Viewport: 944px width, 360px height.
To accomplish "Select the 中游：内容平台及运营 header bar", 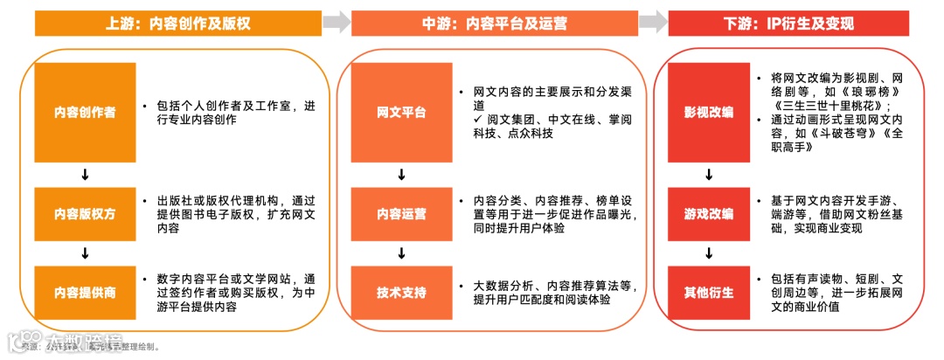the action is [494, 23].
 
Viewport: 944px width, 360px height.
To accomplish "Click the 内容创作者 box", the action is [85, 113].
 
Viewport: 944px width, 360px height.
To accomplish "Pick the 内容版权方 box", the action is [85, 213].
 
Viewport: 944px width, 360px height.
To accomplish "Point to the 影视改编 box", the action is [709, 113].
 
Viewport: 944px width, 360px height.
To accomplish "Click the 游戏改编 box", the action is [709, 213].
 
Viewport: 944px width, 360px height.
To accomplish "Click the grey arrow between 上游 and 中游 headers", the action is [337, 23].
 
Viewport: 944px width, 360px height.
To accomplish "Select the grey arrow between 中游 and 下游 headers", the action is [652, 23].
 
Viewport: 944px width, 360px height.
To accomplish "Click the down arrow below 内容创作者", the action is [85, 175].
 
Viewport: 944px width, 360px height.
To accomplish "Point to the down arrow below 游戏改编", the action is [709, 253].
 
